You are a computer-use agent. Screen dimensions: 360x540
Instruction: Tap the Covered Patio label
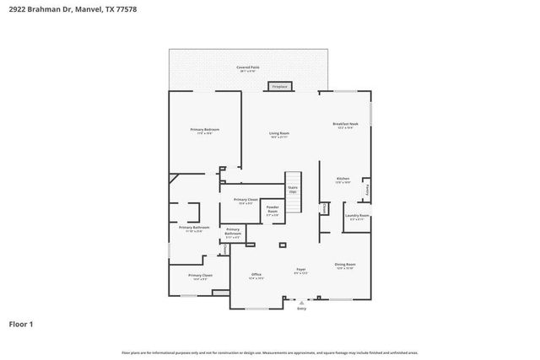coord(246,67)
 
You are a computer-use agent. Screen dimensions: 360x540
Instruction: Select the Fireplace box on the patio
coord(279,86)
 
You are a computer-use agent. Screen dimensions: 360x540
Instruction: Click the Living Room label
coord(279,135)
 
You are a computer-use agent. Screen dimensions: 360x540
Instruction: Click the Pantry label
coord(367,191)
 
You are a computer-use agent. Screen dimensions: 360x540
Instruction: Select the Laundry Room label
coord(357,217)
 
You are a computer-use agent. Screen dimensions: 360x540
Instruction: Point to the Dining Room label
coord(345,266)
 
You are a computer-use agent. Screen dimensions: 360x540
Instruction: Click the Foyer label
coord(300,271)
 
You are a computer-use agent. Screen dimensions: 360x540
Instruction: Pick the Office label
coord(256,276)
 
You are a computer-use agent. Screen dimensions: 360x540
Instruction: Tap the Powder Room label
coord(273,208)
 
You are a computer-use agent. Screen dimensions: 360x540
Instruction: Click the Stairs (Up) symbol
coord(293,191)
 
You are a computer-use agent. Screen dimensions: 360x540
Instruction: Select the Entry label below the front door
coord(302,309)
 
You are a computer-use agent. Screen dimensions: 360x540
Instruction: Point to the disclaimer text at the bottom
coord(270,352)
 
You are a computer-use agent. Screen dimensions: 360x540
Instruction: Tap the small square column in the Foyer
coord(283,244)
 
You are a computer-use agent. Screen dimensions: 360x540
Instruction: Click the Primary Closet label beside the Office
coord(200,277)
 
